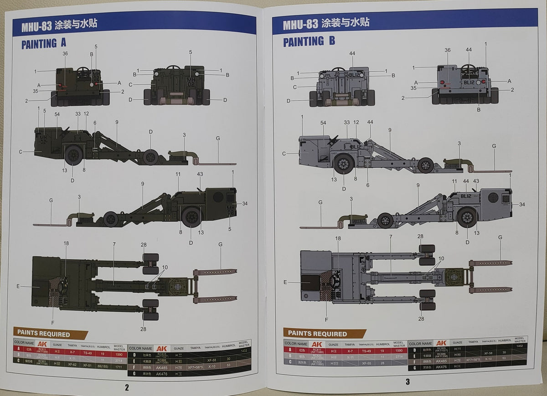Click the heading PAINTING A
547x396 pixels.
coord(44,43)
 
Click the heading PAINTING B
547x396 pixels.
coord(309,41)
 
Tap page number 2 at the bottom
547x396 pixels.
coord(127,388)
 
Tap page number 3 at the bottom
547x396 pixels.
coord(408,382)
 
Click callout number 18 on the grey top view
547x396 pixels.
coord(338,238)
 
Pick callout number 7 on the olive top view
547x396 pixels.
coord(114,245)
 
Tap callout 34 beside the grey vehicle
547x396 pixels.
coord(522,204)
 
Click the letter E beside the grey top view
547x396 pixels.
coord(285,282)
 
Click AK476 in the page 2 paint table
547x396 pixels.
coord(162,373)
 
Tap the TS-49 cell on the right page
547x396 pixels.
coord(366,351)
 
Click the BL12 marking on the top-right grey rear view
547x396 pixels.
coord(469,83)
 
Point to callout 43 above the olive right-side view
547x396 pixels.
coord(200,175)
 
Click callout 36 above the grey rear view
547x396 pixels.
coord(447,51)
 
